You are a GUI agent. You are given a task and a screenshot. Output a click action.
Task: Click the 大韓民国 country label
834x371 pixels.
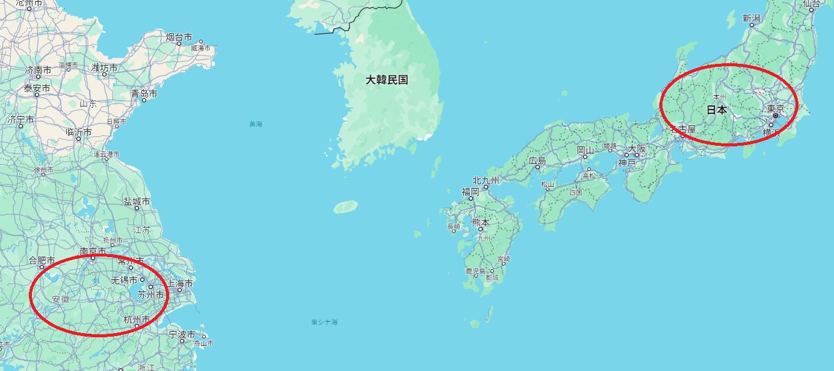click(387, 79)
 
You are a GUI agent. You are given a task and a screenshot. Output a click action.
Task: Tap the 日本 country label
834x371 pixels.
click(716, 110)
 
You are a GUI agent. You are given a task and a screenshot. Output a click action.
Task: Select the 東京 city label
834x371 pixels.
click(775, 109)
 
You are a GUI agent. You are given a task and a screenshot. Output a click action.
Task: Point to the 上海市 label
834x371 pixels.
click(180, 283)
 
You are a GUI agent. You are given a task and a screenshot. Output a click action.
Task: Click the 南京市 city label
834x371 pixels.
click(93, 251)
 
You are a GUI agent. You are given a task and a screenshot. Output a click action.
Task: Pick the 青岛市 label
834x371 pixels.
click(144, 94)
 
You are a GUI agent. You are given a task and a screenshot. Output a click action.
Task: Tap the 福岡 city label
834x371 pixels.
click(471, 192)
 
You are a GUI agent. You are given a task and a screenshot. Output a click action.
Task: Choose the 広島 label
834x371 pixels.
click(537, 161)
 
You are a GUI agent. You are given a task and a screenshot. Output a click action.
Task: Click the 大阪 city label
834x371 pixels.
click(637, 148)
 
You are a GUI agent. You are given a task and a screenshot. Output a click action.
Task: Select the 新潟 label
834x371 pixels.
click(752, 19)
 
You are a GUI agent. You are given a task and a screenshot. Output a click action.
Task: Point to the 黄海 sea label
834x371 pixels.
click(256, 124)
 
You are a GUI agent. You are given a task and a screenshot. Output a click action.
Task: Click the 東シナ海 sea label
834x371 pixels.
click(324, 322)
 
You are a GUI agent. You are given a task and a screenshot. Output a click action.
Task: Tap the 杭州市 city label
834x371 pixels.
click(136, 319)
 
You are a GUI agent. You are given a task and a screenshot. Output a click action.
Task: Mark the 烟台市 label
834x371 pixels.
click(179, 37)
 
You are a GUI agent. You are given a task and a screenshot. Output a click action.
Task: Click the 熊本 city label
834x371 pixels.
click(480, 222)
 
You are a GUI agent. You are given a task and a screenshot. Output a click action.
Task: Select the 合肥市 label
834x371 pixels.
click(42, 261)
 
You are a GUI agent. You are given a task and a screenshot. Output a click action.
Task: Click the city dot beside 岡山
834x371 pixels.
click(585, 157)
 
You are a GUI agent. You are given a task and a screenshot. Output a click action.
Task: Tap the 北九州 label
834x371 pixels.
click(486, 180)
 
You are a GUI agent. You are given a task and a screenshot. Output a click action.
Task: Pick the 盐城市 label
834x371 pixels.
click(137, 201)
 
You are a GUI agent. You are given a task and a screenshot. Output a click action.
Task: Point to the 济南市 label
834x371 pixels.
click(37, 70)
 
